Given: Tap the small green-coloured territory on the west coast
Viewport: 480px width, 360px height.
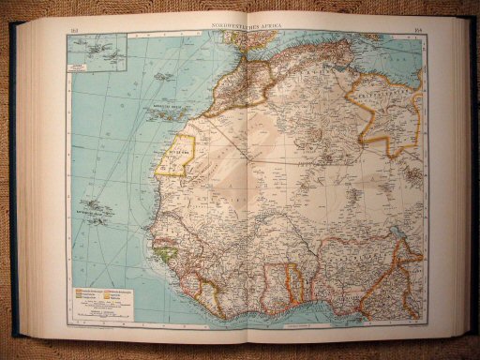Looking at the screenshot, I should pyautogui.click(x=166, y=250).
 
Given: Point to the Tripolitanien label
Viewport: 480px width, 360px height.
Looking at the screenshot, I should pyautogui.click(x=389, y=96).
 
